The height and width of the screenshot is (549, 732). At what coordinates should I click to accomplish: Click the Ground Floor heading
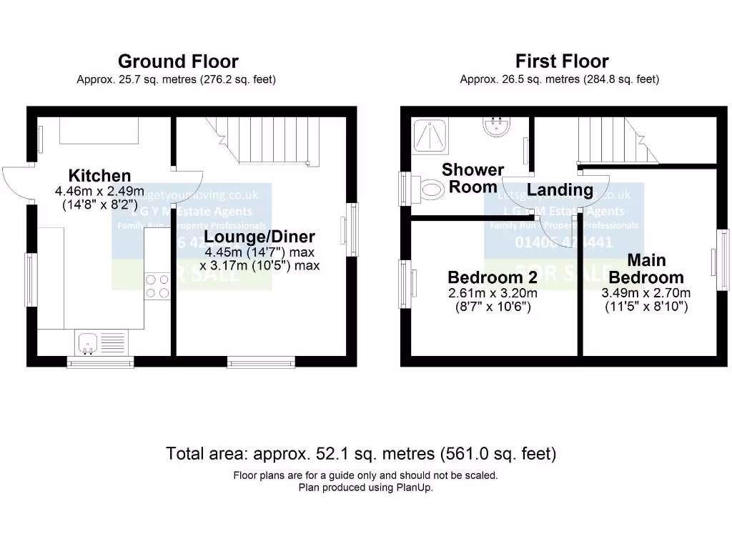point(178,61)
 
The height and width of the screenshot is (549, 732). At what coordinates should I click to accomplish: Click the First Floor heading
point(562,61)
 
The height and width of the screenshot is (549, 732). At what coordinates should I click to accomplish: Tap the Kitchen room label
point(99,175)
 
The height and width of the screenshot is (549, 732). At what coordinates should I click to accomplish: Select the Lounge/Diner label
point(259,237)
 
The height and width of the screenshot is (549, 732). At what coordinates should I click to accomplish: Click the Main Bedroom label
point(646,269)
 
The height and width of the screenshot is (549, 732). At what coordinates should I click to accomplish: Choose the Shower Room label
point(473,178)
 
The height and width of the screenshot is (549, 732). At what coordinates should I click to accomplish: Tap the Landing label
point(560,189)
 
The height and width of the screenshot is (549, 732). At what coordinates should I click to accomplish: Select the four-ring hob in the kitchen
point(157,286)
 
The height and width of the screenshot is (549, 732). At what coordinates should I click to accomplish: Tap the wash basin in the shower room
point(496,127)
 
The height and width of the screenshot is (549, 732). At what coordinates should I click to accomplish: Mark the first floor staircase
point(615,139)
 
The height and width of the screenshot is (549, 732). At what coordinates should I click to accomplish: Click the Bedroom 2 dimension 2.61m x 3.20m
point(493,293)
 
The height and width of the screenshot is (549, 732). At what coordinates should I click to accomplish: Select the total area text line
point(361,453)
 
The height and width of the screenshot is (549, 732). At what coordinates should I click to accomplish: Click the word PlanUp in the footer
point(415,488)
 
